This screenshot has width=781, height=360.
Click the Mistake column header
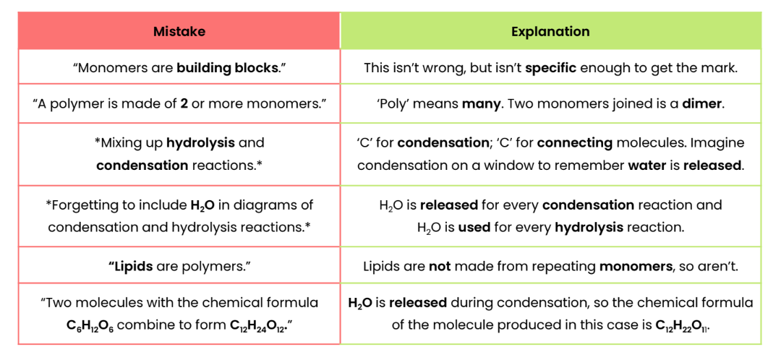point(179,31)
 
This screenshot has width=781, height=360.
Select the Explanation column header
point(550,31)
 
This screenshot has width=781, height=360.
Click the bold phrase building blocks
point(227,68)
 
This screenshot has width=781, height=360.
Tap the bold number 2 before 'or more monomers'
point(184,103)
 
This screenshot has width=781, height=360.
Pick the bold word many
point(481,103)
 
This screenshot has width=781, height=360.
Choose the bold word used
point(475,227)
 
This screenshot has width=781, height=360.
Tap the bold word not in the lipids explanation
point(439,266)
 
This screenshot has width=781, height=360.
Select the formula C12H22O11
point(682,325)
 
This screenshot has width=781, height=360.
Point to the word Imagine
point(720,142)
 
